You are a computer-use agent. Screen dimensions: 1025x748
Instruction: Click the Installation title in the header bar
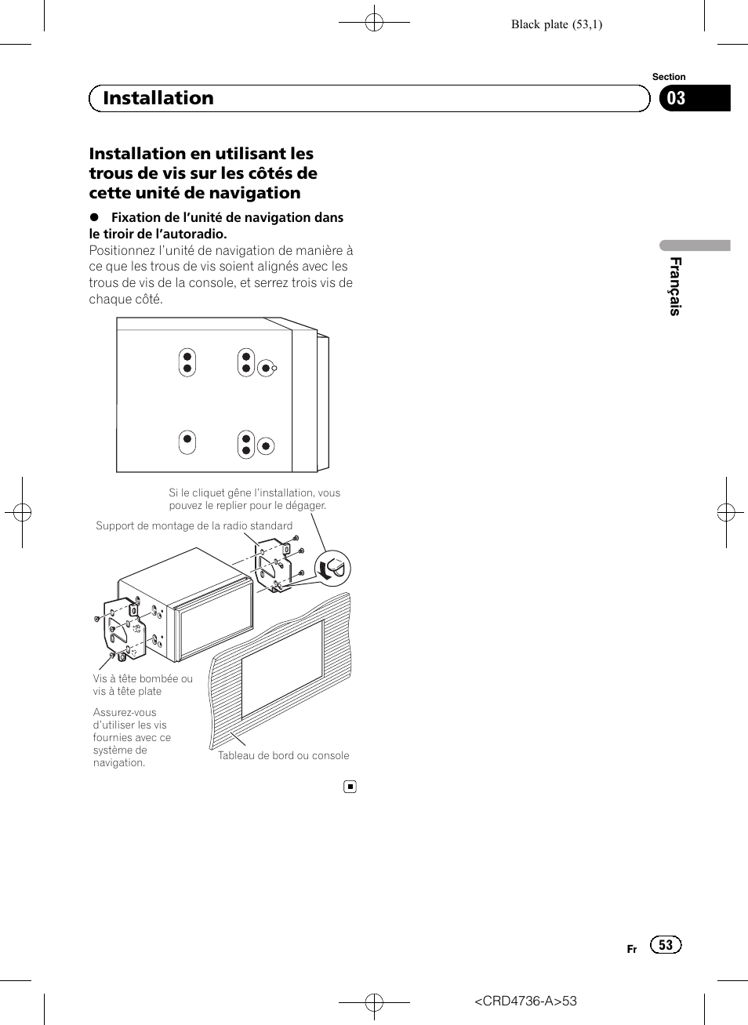tap(158, 98)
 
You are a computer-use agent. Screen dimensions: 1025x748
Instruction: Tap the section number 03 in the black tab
tap(676, 98)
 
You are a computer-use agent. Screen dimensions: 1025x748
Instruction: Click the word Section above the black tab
tap(669, 77)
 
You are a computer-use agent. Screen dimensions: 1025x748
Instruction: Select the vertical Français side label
tap(675, 286)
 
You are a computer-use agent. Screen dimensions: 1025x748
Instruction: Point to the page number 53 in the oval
tap(666, 945)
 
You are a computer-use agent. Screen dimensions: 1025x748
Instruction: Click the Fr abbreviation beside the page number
tap(632, 949)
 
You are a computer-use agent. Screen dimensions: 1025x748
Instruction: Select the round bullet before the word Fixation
tap(94, 217)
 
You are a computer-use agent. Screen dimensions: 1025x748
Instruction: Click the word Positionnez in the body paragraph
tap(122, 250)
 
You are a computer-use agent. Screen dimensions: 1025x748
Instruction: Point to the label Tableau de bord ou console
tap(283, 755)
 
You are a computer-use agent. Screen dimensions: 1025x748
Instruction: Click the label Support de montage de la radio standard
tap(194, 525)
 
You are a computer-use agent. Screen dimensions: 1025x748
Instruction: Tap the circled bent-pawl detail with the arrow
tap(332, 568)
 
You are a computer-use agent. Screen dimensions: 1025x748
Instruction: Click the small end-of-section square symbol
tap(350, 787)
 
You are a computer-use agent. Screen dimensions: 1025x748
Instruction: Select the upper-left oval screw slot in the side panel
tap(187, 362)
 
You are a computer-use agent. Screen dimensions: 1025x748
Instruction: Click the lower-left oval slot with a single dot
tap(187, 442)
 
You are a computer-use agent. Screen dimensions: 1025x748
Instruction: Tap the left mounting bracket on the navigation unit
tap(124, 627)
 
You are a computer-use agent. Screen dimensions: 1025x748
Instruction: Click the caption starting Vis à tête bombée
tap(143, 685)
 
